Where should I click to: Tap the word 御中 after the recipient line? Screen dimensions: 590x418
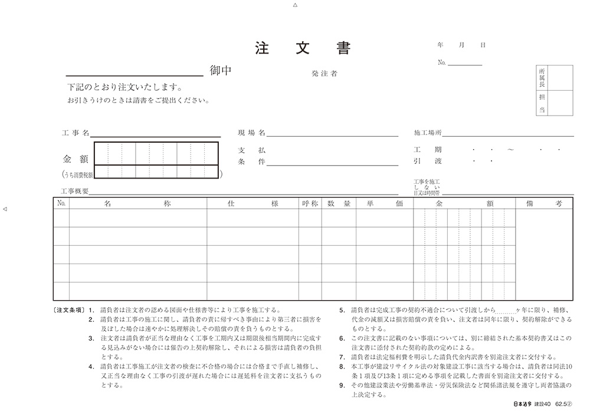coord(221,71)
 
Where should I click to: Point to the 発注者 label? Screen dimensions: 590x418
coord(325,74)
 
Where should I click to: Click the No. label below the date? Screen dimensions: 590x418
coord(442,62)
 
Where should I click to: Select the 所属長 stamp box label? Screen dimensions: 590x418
coord(542,77)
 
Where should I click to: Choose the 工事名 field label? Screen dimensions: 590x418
coord(75,133)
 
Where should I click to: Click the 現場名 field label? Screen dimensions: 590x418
coord(252,133)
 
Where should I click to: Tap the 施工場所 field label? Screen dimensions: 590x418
coord(428,133)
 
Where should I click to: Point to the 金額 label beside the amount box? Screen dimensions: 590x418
coord(75,159)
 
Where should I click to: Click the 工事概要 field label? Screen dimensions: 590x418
coord(74,192)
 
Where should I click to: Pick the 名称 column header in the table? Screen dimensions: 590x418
coord(137,203)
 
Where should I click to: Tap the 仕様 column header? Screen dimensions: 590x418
coord(253,203)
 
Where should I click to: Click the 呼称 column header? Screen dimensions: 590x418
coord(310,203)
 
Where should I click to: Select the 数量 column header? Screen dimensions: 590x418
coord(339,203)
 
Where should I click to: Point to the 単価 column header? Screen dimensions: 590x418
coord(384,203)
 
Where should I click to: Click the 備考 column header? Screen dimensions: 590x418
coord(543,203)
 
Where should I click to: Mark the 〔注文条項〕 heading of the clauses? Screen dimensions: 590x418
coord(69,310)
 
